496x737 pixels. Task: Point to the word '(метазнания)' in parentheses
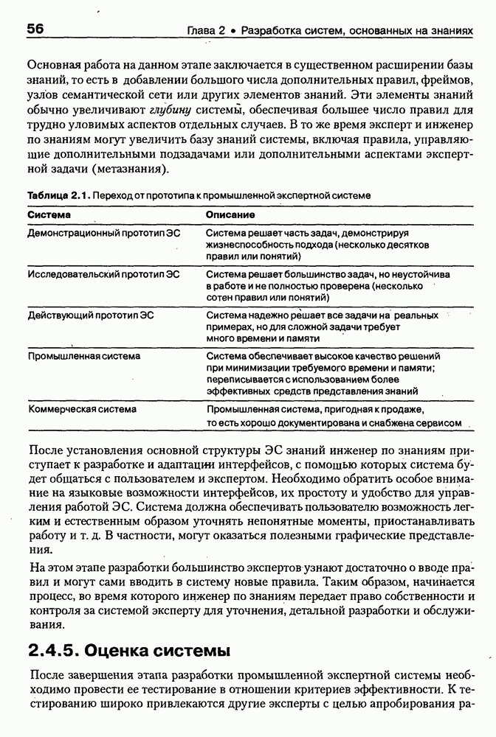pyautogui.click(x=130, y=168)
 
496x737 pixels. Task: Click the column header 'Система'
pyautogui.click(x=49, y=214)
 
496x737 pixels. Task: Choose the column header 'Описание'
pyautogui.click(x=230, y=214)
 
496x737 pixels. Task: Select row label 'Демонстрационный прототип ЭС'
pyautogui.click(x=103, y=233)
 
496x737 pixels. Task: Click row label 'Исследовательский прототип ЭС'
pyautogui.click(x=103, y=274)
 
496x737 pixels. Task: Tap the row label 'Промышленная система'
pyautogui.click(x=83, y=356)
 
